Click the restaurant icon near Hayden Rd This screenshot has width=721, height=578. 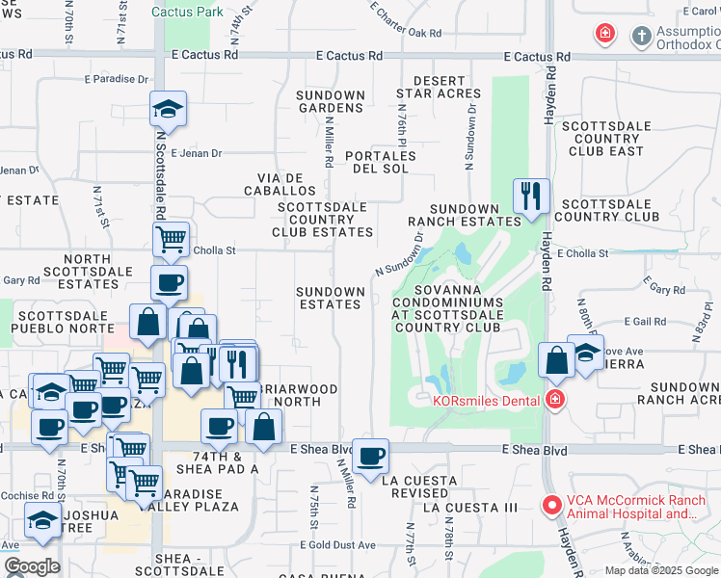pos(531,197)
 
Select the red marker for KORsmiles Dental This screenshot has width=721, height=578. pos(554,400)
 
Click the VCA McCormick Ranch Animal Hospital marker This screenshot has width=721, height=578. pos(552,504)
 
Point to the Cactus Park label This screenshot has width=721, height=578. pos(188,12)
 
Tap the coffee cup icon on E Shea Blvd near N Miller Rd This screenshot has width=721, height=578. pos(369,457)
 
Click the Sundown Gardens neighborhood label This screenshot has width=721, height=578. pos(331,101)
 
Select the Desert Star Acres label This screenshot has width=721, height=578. pos(445,87)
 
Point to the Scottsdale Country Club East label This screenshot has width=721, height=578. pos(602,138)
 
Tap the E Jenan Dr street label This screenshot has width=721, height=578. pos(197,152)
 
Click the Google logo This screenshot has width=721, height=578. pos(31,566)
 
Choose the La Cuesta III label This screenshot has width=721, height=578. pos(470,507)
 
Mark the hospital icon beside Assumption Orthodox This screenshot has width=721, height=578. pos(604,36)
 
